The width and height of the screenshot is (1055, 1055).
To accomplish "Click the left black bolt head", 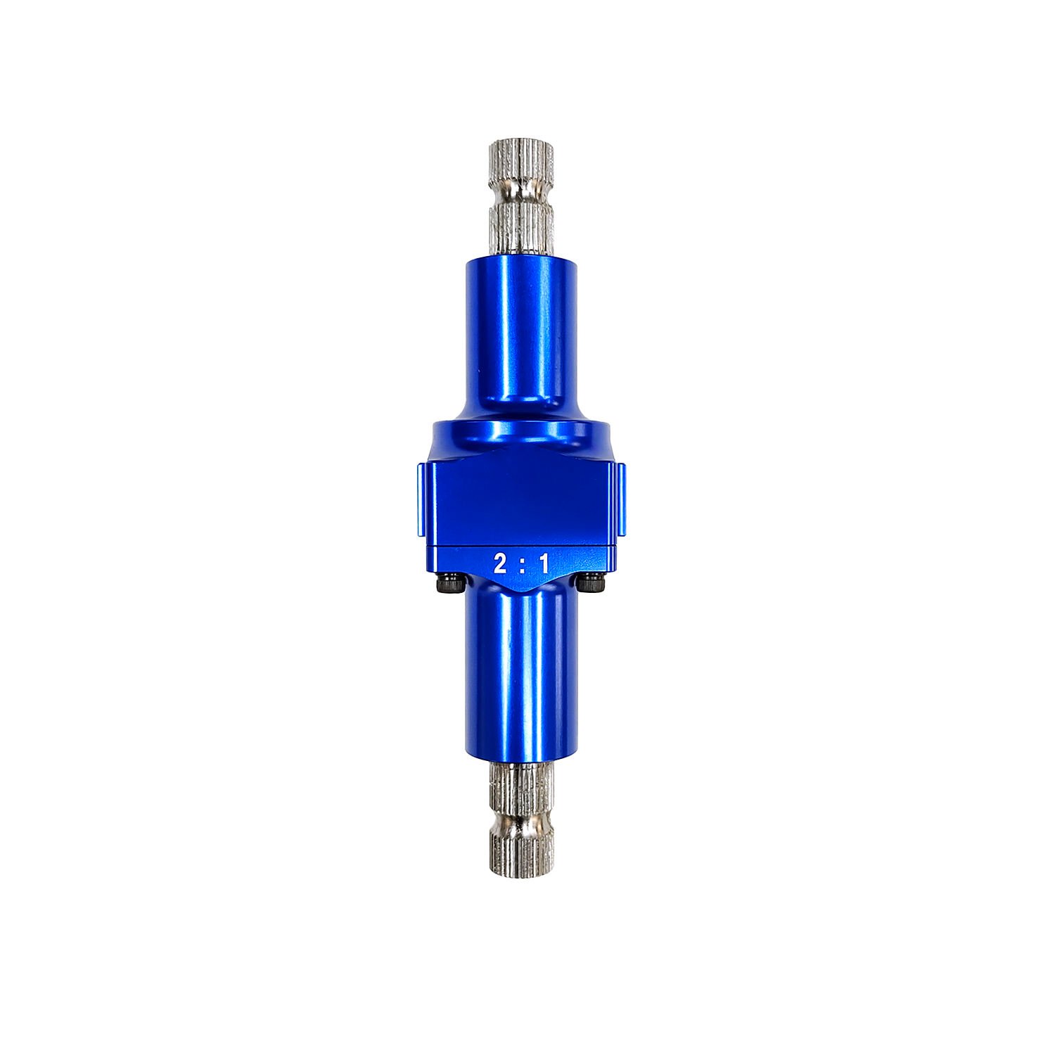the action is tap(448, 583).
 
